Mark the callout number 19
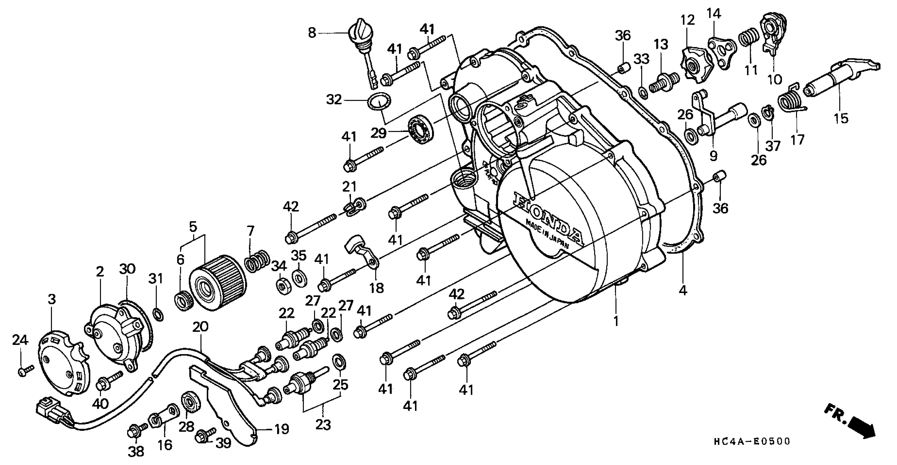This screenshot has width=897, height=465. pyautogui.click(x=281, y=429)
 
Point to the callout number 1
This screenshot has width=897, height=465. pyautogui.click(x=616, y=321)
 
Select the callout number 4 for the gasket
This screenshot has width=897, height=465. pyautogui.click(x=683, y=290)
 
